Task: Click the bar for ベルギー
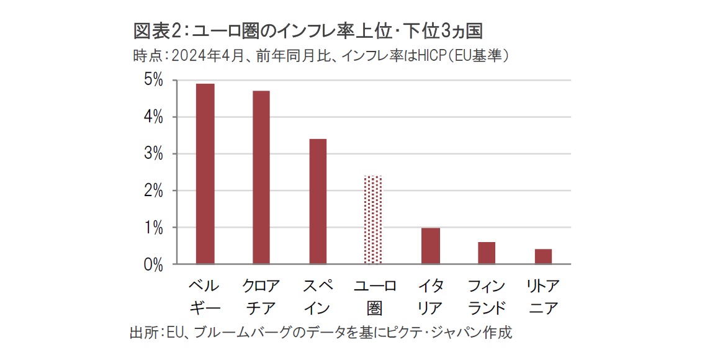click(205, 174)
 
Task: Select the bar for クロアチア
click(261, 178)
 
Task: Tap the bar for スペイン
click(317, 202)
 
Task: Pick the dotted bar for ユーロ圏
click(374, 220)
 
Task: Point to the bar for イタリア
click(430, 246)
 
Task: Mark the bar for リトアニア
click(543, 256)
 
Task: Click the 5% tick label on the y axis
click(153, 81)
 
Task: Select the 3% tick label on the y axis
click(153, 154)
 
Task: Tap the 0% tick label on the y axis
click(153, 265)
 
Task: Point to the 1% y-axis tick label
click(153, 228)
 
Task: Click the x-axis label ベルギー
click(204, 297)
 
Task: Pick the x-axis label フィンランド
click(487, 297)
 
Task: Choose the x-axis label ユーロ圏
click(374, 297)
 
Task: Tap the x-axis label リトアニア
click(542, 297)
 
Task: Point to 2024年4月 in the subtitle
click(205, 56)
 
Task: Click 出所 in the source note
click(143, 332)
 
